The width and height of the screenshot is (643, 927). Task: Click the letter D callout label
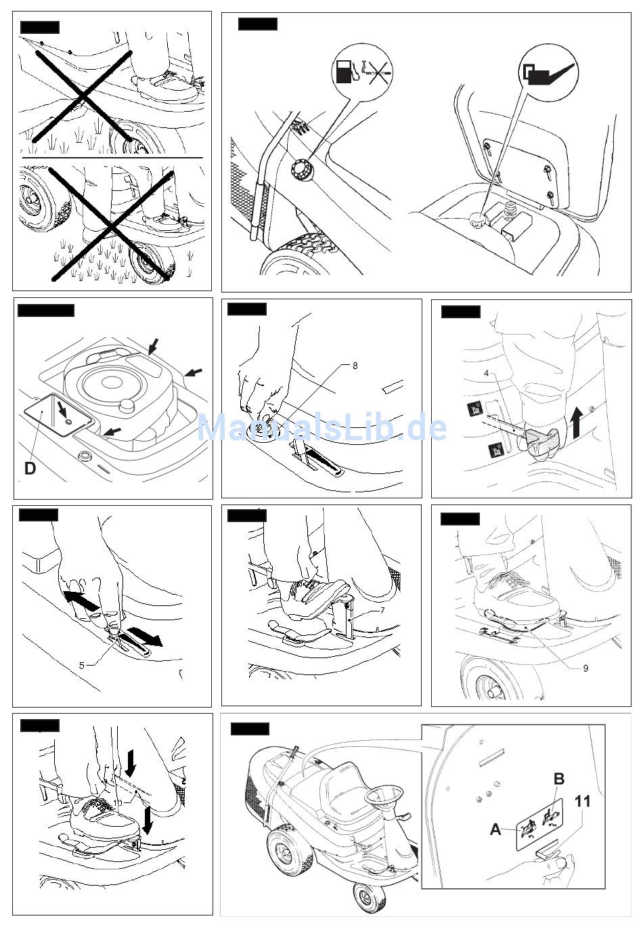[x=30, y=468]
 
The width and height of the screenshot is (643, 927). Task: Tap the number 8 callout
[x=355, y=366]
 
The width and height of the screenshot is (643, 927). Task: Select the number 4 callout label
[x=486, y=372]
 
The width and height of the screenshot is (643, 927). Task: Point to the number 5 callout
[x=82, y=665]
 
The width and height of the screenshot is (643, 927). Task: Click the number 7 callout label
[x=382, y=611]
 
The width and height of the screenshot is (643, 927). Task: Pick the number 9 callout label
[x=585, y=668]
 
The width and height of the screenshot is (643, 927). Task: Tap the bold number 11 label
[x=582, y=802]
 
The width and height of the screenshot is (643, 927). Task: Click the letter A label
[x=496, y=829]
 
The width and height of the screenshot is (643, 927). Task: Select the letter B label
[x=559, y=779]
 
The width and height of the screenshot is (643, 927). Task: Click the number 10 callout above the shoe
[x=117, y=802]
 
